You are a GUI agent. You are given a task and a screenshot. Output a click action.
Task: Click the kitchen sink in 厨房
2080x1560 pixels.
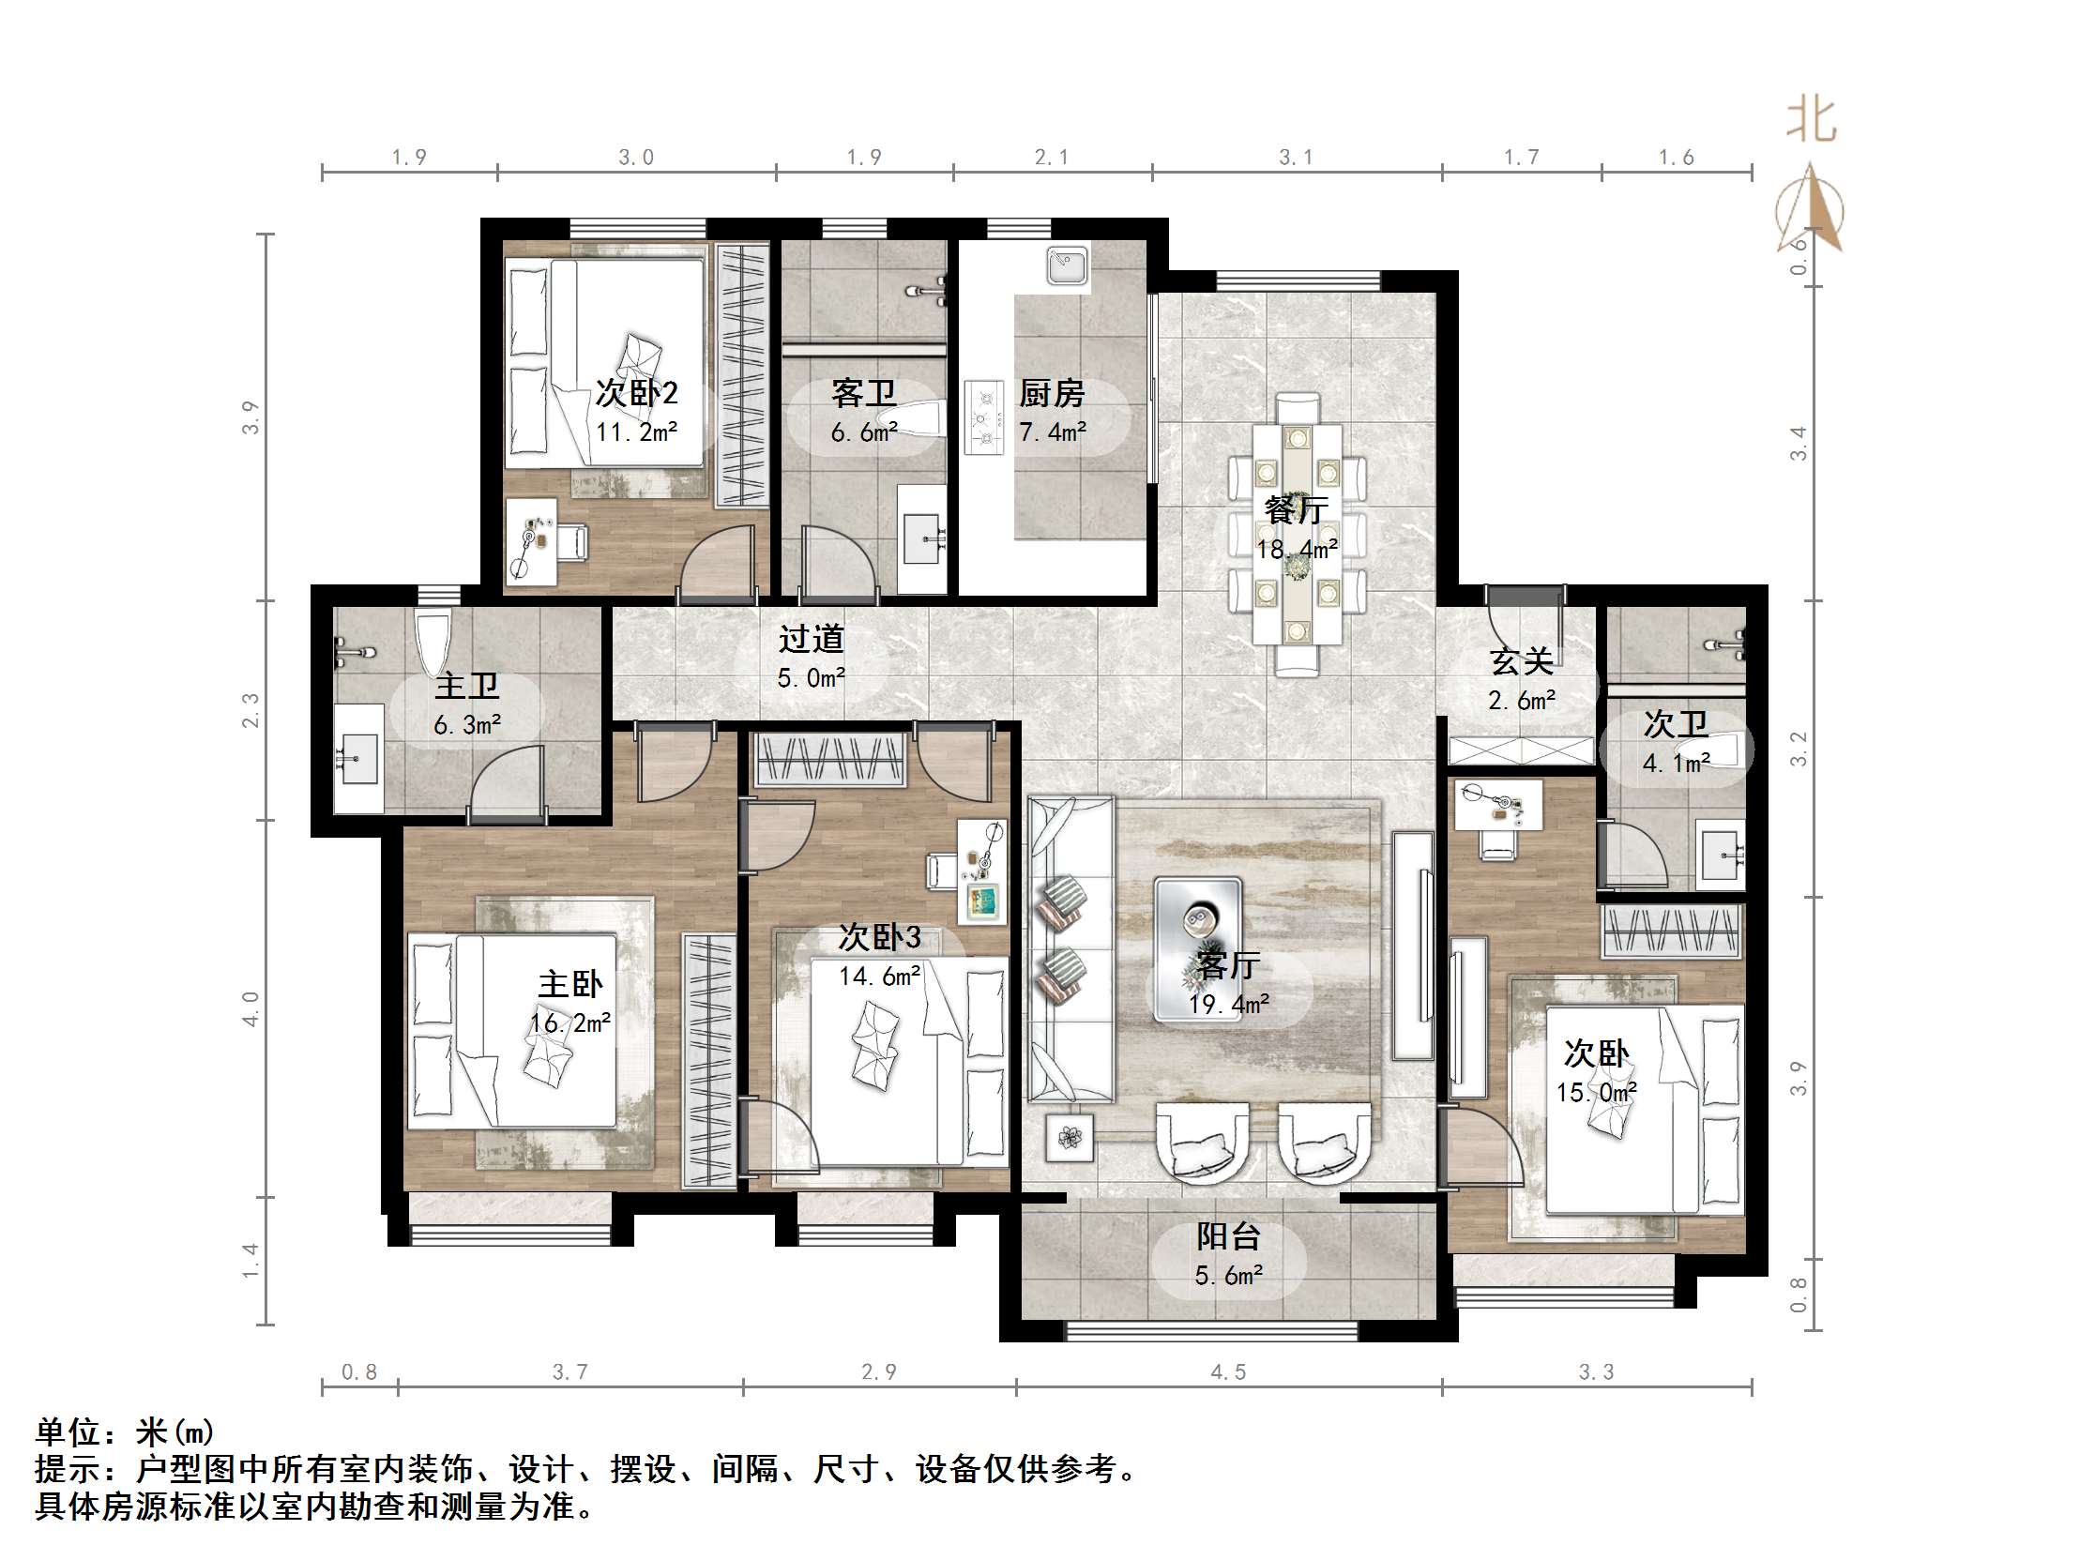(x=1067, y=265)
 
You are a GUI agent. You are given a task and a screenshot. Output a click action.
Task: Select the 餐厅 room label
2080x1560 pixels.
(x=1296, y=509)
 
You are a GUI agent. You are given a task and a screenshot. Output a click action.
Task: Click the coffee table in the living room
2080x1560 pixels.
(x=1197, y=947)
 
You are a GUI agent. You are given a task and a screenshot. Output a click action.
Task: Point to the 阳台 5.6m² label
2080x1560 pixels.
(x=1228, y=1254)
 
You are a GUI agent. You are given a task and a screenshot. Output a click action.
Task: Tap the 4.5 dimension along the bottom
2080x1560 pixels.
(x=1228, y=1372)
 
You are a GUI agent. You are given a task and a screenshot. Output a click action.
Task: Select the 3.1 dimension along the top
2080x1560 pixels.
(x=1296, y=157)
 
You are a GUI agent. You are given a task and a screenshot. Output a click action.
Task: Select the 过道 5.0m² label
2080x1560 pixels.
(x=811, y=657)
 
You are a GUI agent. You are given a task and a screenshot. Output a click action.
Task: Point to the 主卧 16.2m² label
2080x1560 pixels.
(x=569, y=1003)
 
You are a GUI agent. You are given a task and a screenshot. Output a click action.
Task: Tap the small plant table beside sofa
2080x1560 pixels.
(x=1070, y=1138)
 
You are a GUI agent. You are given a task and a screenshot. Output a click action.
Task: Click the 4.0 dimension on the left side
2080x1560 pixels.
(x=251, y=1008)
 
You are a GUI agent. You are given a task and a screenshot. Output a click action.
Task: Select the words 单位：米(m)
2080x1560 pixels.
(x=125, y=1432)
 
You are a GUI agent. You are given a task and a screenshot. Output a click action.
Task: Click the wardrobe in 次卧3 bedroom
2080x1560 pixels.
(x=829, y=759)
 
